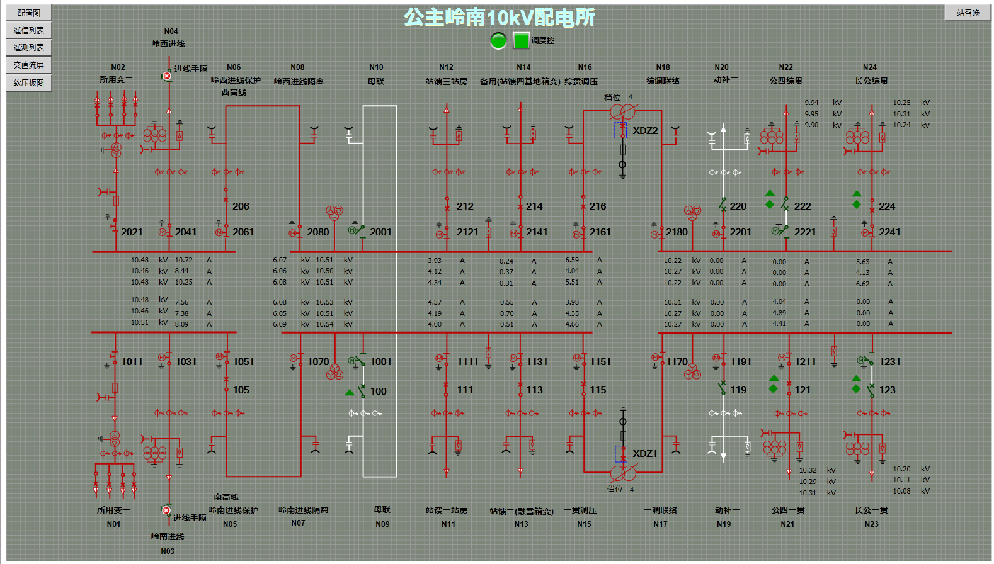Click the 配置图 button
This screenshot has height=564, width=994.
tap(29, 13)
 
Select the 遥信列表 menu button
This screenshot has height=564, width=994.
tap(29, 30)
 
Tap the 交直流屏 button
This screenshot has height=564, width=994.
tap(29, 65)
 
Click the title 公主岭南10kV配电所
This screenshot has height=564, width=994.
tap(499, 17)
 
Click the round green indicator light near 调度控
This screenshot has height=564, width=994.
tap(498, 41)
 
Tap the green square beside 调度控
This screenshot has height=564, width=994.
tap(521, 41)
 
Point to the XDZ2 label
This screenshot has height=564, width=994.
tap(645, 131)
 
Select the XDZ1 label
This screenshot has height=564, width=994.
tap(645, 454)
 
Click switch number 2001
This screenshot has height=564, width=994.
tap(380, 232)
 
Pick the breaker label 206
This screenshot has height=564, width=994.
tap(241, 206)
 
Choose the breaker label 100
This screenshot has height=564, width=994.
tap(379, 392)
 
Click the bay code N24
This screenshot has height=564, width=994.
tap(870, 67)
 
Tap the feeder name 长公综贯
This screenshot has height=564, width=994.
tap(871, 81)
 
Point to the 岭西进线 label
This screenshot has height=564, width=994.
tap(168, 44)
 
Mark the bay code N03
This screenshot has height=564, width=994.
tap(168, 551)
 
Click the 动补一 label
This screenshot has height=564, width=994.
tap(727, 510)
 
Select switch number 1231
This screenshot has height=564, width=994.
tap(890, 362)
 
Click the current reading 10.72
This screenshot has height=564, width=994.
tap(184, 260)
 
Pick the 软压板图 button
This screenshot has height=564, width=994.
tap(29, 82)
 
